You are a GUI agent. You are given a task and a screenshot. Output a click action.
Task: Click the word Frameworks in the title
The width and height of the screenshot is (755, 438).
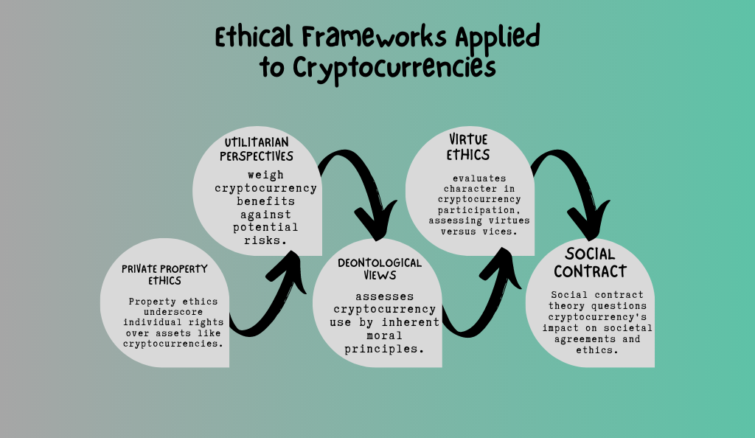click(x=375, y=37)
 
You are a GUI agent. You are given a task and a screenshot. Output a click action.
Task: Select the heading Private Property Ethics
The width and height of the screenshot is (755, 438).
click(x=164, y=275)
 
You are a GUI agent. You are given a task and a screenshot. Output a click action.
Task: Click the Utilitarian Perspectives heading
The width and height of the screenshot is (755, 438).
click(x=257, y=149)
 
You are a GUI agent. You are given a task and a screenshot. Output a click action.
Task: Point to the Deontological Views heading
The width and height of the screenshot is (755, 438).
click(x=380, y=269)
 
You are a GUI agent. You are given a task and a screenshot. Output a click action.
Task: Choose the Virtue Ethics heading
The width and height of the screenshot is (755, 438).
click(x=468, y=147)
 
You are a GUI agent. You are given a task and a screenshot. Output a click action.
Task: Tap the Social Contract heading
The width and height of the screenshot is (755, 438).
click(x=591, y=263)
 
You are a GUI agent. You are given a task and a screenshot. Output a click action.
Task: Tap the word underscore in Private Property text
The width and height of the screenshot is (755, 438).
click(x=173, y=312)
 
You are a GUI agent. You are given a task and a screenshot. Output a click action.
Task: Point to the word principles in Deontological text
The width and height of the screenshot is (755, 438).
click(x=384, y=349)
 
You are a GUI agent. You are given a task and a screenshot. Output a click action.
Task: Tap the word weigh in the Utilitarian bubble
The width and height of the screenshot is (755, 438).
click(x=265, y=175)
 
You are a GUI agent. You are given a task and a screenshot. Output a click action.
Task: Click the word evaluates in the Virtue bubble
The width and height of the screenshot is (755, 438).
click(x=479, y=178)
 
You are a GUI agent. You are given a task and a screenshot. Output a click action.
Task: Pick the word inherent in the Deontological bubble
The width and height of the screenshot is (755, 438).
click(x=411, y=322)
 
